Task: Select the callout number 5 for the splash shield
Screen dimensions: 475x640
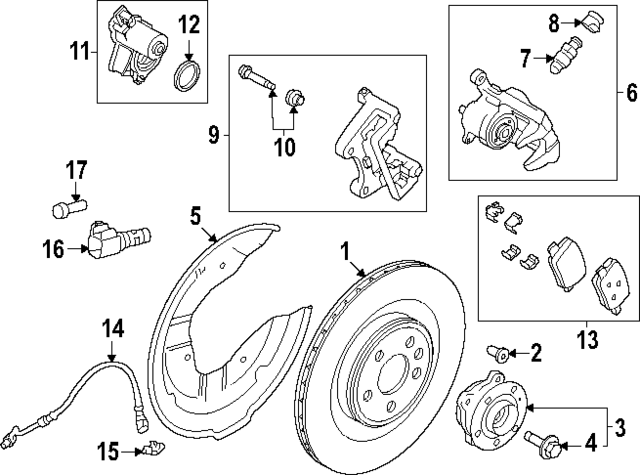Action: (x=196, y=213)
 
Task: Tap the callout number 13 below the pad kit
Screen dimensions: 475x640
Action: (x=589, y=341)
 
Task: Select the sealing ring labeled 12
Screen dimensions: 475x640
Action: (x=187, y=75)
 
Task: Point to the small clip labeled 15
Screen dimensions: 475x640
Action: (x=152, y=450)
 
